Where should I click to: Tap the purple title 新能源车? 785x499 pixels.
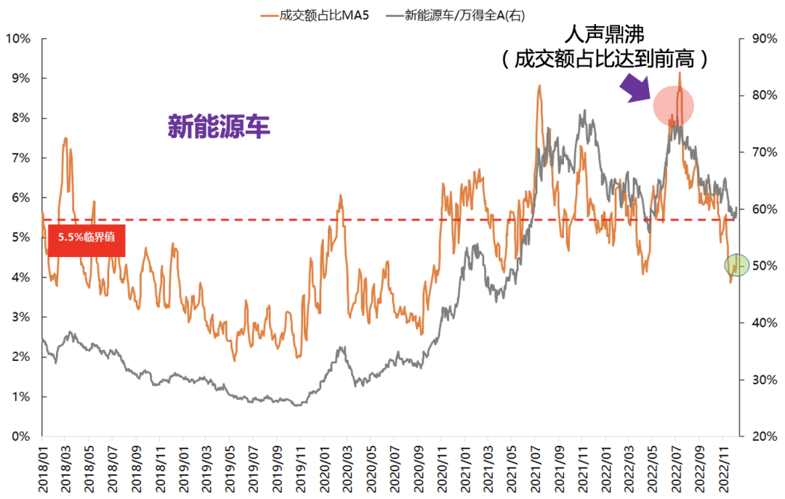point(219,126)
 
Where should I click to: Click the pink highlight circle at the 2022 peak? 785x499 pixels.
point(673,107)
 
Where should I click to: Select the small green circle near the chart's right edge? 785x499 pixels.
point(736,265)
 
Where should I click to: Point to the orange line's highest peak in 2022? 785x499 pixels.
point(680,73)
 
